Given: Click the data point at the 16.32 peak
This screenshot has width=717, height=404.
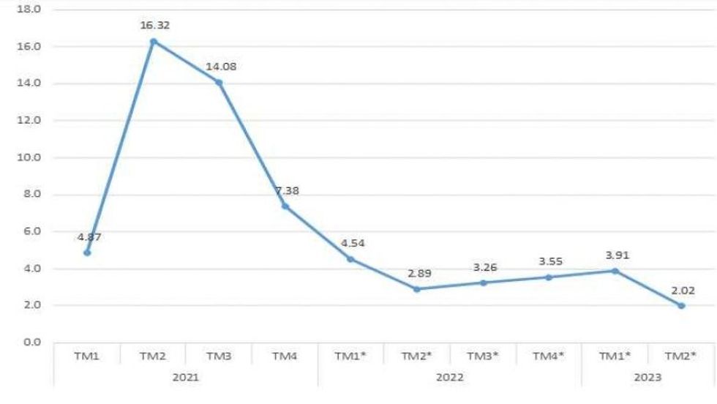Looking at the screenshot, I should (153, 41).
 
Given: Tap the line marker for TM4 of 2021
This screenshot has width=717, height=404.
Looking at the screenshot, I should (285, 206).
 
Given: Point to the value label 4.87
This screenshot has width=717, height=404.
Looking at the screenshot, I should (87, 236).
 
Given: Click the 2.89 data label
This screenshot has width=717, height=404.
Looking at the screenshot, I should (416, 273).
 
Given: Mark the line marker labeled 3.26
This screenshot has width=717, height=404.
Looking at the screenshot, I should (483, 283).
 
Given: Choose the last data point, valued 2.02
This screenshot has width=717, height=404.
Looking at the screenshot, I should (681, 306).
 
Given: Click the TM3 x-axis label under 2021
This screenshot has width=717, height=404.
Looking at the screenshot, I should (219, 356).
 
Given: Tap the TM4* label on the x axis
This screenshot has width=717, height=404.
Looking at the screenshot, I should (549, 356).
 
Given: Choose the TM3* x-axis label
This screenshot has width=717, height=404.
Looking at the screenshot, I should (483, 356).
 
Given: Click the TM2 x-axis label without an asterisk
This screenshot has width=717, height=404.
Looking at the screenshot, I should (153, 356).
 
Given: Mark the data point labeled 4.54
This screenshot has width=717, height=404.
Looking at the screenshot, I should (350, 259).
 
